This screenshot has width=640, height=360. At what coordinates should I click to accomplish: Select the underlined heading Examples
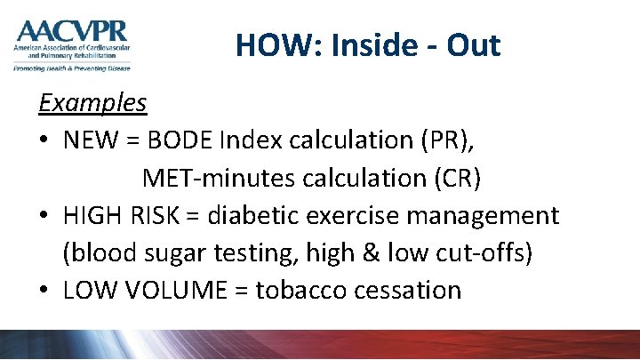[x=92, y=103]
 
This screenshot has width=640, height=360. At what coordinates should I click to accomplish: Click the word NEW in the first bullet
[x=90, y=140]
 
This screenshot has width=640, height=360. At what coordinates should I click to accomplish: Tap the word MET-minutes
[x=209, y=178]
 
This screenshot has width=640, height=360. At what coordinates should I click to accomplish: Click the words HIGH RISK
[x=124, y=215]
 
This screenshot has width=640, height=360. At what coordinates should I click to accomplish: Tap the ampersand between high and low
[x=369, y=252]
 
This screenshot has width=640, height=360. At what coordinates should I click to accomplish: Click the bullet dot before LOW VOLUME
[x=44, y=291]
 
